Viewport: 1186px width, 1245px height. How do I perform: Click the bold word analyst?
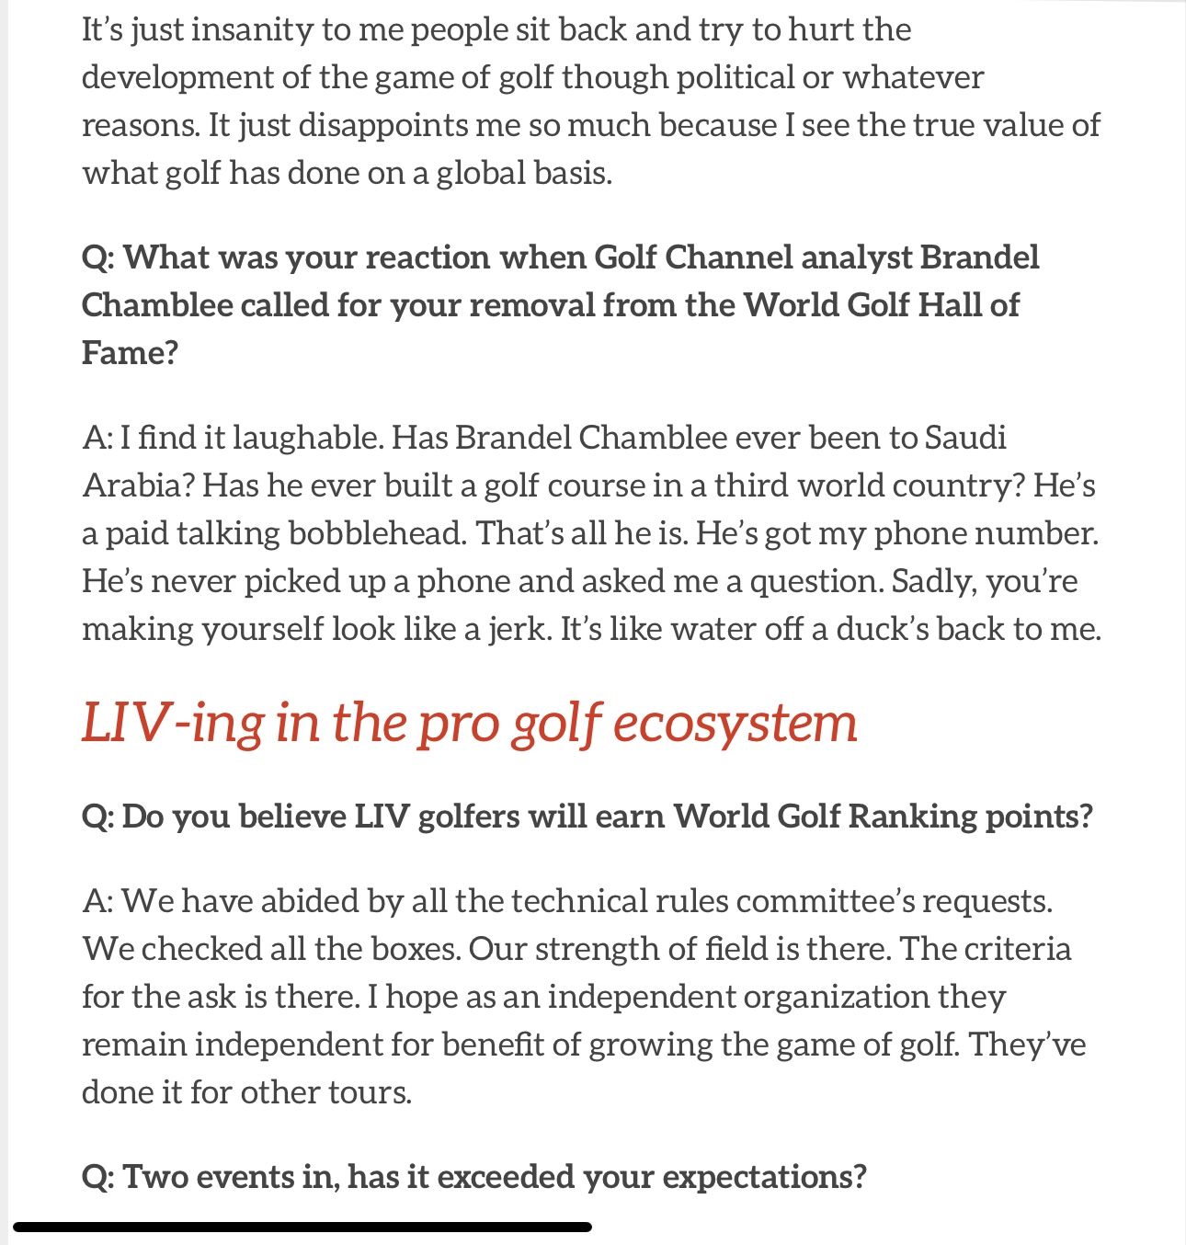pyautogui.click(x=857, y=258)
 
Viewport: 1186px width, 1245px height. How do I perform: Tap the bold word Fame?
pyautogui.click(x=130, y=353)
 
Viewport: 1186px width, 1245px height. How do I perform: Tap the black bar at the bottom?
pyautogui.click(x=302, y=1227)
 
